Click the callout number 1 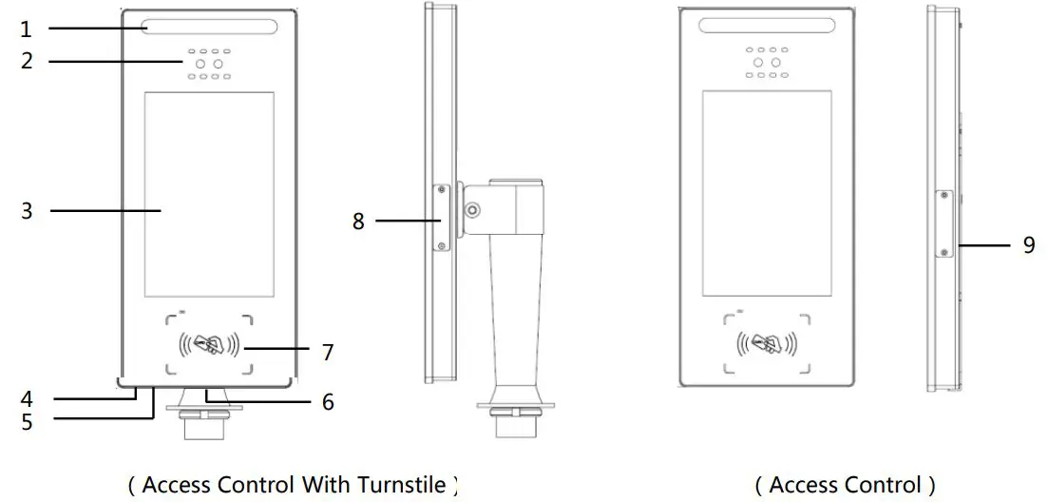[x=27, y=29]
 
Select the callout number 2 [x=27, y=61]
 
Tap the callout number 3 [x=27, y=210]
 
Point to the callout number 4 [x=27, y=397]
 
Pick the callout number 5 [x=27, y=420]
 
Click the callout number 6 [x=328, y=402]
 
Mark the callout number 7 [x=328, y=353]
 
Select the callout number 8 [x=358, y=222]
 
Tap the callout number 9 [x=1029, y=244]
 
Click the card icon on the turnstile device [x=209, y=343]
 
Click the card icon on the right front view [x=767, y=343]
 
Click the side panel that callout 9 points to [x=943, y=223]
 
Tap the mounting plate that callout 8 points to [x=442, y=218]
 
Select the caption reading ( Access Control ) [x=845, y=485]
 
